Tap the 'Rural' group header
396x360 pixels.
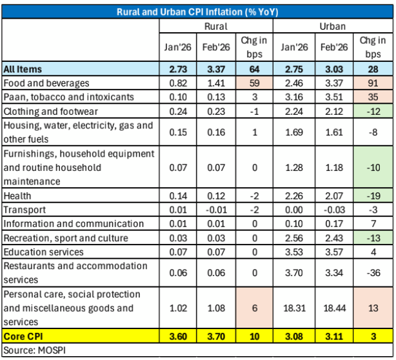215,26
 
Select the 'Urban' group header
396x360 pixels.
332,26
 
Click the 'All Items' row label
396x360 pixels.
23,69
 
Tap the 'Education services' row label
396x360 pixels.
43,252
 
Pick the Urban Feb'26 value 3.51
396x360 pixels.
333,97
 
